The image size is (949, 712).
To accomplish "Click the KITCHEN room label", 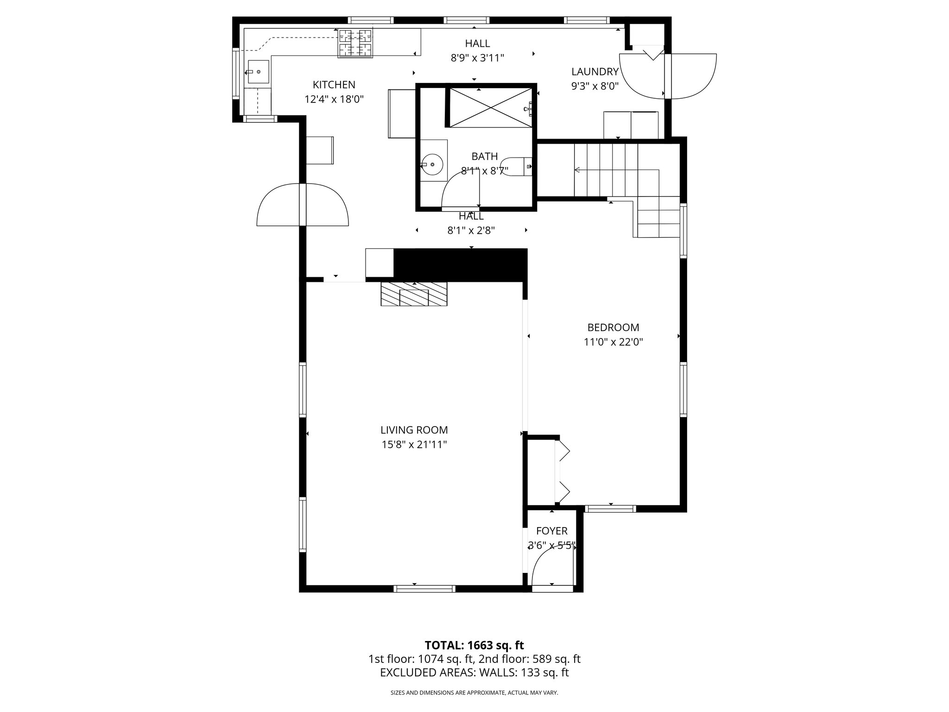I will [334, 85].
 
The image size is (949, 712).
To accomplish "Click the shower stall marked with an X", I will [491, 107].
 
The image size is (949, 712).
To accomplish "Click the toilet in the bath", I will [514, 166].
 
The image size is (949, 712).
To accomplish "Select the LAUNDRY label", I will [595, 72].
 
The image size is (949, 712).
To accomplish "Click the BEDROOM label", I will [613, 328].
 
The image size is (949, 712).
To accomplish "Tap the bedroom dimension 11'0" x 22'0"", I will [613, 343].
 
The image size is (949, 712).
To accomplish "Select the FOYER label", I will [551, 531].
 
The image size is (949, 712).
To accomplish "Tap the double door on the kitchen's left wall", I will [303, 204].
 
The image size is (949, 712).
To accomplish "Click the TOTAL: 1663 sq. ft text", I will [474, 645].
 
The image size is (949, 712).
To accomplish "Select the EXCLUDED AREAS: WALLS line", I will [474, 673].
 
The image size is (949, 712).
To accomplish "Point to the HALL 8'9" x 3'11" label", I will [477, 51].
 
